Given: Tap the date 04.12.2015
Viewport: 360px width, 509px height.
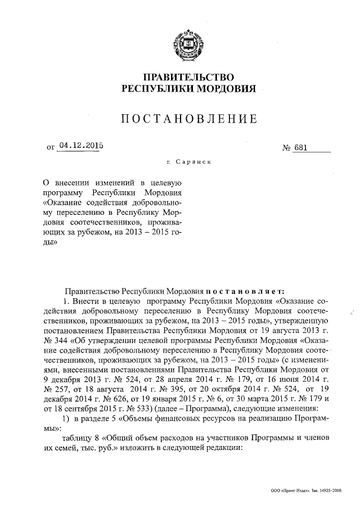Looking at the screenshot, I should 82,147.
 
